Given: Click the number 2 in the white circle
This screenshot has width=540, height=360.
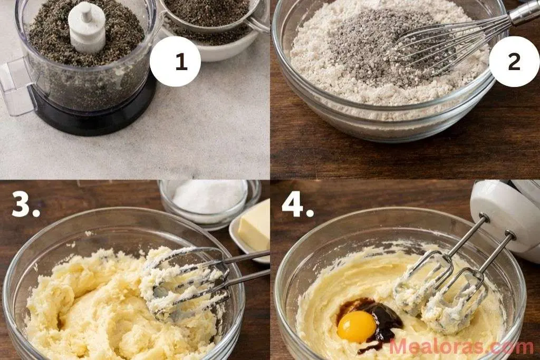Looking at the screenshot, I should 514,62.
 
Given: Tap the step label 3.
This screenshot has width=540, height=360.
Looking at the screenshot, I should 25,205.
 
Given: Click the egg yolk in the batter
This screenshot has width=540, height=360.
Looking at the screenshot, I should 356,326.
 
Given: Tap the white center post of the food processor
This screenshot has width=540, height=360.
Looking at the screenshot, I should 86,26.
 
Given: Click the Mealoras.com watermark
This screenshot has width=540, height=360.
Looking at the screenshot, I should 461,347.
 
